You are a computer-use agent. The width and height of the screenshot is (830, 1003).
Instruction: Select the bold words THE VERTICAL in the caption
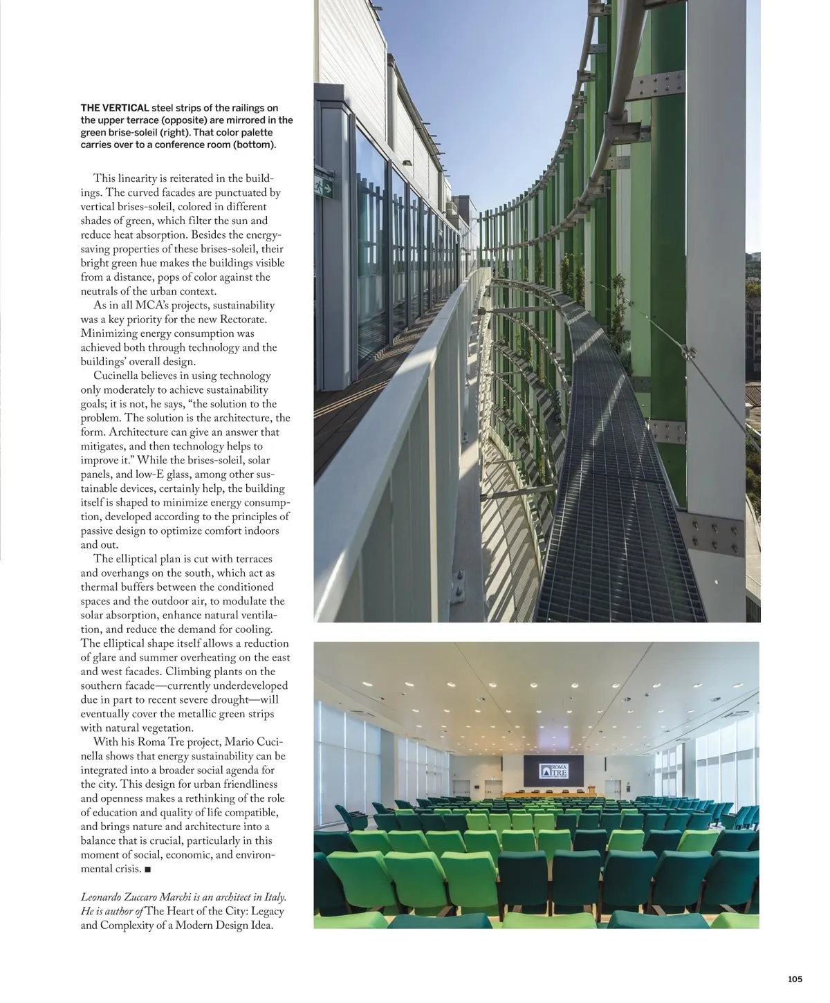[x=115, y=108]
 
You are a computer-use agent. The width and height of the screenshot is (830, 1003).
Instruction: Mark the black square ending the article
[x=148, y=869]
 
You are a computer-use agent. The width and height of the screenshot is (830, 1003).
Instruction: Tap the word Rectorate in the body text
[x=243, y=320]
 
